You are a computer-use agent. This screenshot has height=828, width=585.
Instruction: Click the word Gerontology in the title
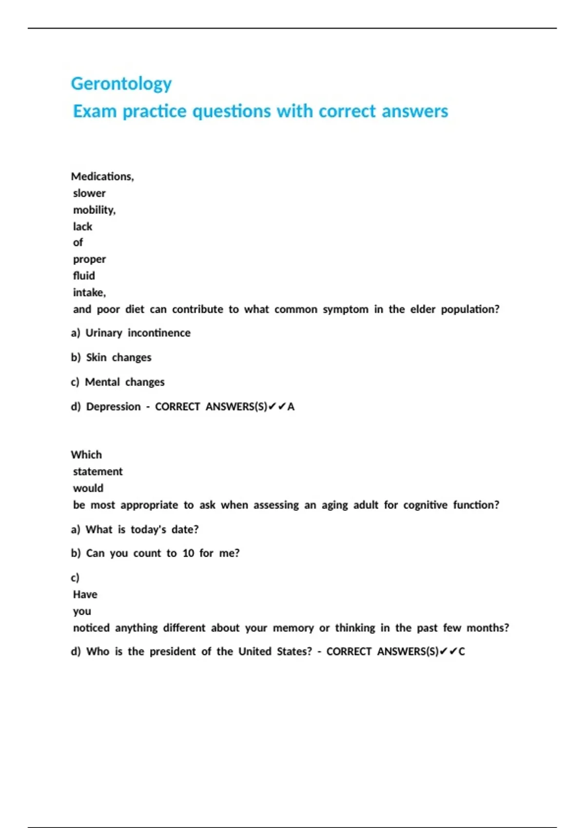121,84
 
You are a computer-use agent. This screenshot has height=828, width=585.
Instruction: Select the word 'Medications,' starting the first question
102,176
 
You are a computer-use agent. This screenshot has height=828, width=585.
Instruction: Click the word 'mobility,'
94,210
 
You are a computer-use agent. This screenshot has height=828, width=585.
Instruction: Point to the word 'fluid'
84,276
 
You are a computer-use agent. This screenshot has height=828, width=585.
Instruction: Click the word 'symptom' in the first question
345,309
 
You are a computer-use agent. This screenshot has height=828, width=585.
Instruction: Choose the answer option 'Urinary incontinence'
137,333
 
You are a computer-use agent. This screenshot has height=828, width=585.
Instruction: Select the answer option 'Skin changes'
118,358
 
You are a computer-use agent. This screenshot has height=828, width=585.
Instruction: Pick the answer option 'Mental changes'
124,382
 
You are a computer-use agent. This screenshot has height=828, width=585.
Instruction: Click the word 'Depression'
113,407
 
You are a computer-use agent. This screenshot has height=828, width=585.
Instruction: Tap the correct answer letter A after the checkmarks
291,407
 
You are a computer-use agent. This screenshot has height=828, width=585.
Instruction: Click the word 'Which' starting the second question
86,455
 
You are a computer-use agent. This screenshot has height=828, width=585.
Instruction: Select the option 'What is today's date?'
142,529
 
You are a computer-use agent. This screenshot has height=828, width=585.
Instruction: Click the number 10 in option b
188,553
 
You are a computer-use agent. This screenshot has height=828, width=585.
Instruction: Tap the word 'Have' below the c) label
85,595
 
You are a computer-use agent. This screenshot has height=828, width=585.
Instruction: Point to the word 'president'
173,652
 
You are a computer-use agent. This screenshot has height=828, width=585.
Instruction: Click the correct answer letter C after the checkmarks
462,652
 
